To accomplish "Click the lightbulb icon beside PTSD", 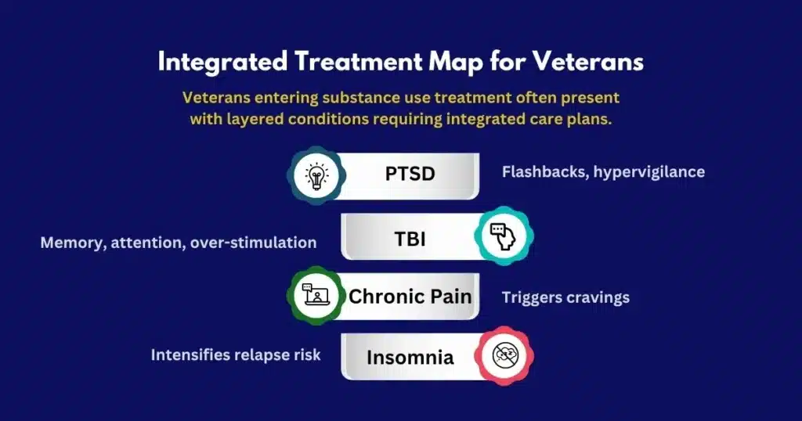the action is [x=316, y=176].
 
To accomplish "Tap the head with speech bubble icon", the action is [x=504, y=236].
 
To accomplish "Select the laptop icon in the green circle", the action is [x=316, y=295].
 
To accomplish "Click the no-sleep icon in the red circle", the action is [x=505, y=355].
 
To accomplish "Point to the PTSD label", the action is [x=410, y=174].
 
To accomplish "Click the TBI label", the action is [x=410, y=239].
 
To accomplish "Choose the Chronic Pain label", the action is [x=410, y=297].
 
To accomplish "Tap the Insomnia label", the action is [x=410, y=357].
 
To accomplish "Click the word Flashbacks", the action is [x=545, y=172].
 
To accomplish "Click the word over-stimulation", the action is [x=253, y=242].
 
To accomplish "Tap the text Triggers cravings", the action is [x=565, y=298].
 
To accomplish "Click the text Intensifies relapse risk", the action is [x=236, y=354].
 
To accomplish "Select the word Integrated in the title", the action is [x=222, y=63].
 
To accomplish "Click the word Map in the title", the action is [x=456, y=63].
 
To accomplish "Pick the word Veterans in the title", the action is [x=587, y=62].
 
